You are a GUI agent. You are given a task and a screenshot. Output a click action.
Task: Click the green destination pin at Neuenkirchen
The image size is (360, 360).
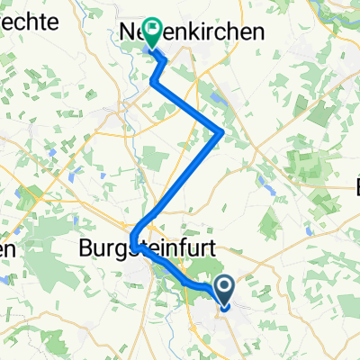coord(149,33)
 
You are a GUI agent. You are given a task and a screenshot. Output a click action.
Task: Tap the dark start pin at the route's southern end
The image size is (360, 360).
coord(222,289)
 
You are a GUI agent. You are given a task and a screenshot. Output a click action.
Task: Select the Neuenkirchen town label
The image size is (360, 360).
coord(193,32)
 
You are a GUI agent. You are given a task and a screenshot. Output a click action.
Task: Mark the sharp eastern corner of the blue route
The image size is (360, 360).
coord(221,133)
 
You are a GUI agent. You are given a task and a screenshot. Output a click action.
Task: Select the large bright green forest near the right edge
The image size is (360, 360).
coord(310,171)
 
